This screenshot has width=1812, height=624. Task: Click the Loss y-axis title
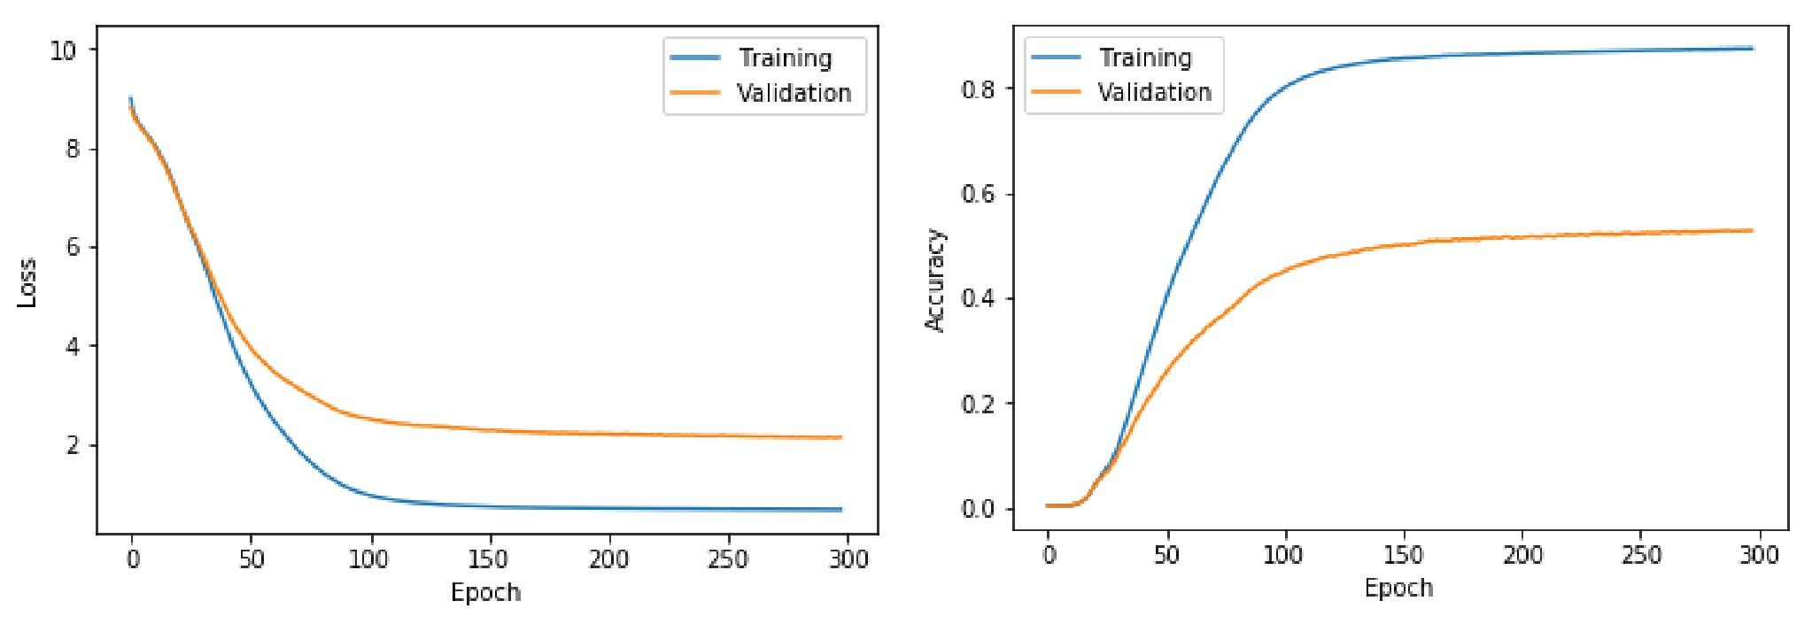pos(27,282)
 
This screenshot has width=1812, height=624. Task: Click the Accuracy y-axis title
pos(935,280)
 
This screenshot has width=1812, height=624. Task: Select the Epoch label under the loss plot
pos(484,592)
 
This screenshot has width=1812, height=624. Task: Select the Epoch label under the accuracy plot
pos(1398,588)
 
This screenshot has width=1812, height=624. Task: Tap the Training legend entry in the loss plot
pos(785,58)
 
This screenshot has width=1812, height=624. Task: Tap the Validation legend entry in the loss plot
pos(793,93)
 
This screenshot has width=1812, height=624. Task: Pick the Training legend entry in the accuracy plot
pos(1144,58)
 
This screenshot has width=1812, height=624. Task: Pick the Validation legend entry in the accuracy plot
pos(1153,92)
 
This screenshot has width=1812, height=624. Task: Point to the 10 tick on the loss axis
pos(64,50)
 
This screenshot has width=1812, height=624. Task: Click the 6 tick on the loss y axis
pos(73,247)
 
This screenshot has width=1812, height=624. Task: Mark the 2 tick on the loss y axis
pos(73,445)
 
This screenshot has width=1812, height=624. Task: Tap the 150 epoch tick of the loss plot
pos(489,559)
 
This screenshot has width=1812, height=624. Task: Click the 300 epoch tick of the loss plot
pos(847,559)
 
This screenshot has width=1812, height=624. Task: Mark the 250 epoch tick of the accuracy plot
pos(1640,556)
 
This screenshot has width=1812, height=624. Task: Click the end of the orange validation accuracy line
pos(1752,230)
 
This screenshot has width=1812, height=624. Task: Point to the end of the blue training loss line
pos(840,510)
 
